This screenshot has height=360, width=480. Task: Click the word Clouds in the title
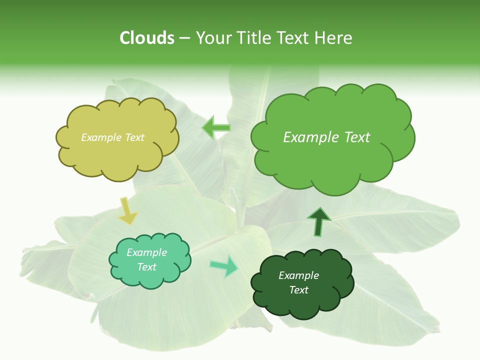pos(147,38)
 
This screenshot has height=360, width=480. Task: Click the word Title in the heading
pos(252,38)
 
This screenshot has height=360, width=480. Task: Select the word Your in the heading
pos(214,38)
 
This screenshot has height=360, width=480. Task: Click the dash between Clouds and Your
pos(184,38)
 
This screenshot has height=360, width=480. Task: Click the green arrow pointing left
pos(216,128)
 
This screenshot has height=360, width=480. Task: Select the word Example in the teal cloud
pos(146,252)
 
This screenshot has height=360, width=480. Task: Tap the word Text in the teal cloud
pos(146,267)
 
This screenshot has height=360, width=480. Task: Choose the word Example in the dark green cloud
pos(298,275)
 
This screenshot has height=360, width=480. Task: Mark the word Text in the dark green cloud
pos(298,290)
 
